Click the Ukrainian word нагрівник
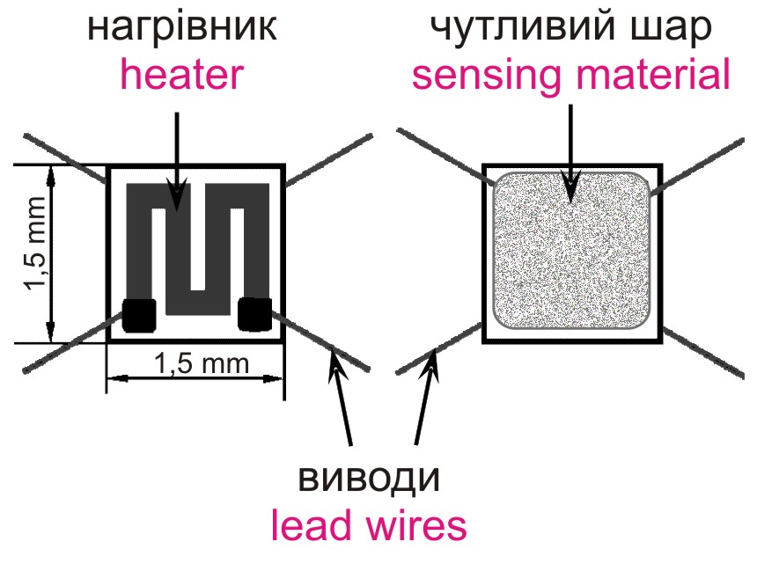coord(182,27)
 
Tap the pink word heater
coord(181,76)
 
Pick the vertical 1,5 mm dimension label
coord(36,256)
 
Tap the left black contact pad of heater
coord(139,315)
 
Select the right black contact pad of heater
coord(254,314)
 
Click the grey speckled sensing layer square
coord(572,251)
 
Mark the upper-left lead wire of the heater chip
coord(66,157)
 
